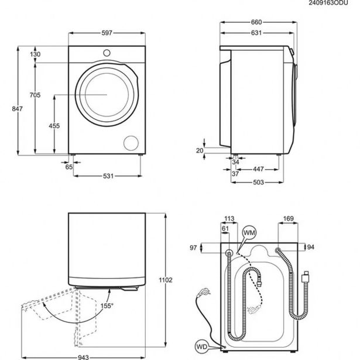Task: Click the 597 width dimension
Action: tap(105, 34)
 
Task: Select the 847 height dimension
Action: tap(6, 109)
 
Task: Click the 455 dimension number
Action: tap(53, 125)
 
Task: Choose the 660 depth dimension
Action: tap(256, 22)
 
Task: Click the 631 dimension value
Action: tap(256, 33)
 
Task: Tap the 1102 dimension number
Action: tap(166, 280)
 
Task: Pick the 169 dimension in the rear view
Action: tap(287, 219)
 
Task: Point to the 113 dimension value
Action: tap(229, 219)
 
